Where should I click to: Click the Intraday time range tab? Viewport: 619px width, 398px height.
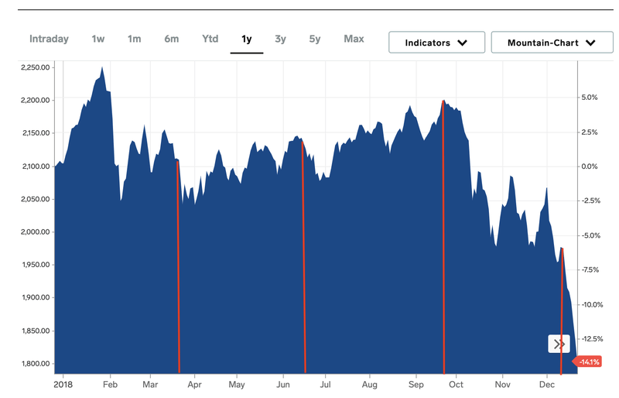point(49,39)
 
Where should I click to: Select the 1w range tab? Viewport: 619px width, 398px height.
point(98,39)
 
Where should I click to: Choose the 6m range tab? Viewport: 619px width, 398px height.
point(171,39)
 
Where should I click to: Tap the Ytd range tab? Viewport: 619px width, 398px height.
point(210,39)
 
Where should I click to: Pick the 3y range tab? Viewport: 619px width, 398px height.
point(280,39)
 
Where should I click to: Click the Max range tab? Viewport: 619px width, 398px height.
point(354,39)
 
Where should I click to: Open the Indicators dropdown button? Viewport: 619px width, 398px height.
point(436,43)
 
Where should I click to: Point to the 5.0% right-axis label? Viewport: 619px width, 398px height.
point(590,98)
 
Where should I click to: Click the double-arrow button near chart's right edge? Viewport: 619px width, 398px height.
point(559,344)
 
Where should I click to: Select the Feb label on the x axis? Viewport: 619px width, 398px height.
point(110,384)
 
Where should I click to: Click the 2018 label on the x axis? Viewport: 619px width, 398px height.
point(63,384)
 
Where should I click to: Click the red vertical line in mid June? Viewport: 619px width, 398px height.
point(303,256)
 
